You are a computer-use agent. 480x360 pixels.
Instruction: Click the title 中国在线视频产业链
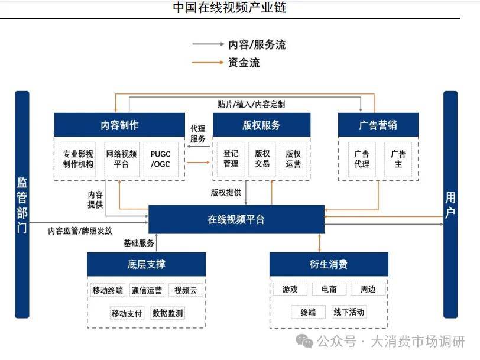coord(229,8)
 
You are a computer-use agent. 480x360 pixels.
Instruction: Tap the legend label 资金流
coord(244,62)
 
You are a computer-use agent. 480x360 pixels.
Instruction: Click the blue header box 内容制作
coord(120,125)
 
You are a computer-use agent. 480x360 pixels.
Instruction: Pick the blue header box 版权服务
coord(261,125)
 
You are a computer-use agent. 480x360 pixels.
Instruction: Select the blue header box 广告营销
coord(378,125)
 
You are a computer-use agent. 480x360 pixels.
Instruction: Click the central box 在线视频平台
coord(236,219)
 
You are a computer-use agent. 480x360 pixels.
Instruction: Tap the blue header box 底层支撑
coord(146,264)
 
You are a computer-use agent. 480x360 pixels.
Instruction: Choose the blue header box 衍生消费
coord(329,264)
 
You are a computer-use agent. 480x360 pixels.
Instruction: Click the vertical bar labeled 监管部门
coord(22,204)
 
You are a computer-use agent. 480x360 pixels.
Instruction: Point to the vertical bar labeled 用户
coord(450,204)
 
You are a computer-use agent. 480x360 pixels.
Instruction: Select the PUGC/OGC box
coord(160,159)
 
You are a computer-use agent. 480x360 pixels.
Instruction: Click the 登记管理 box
coord(231,159)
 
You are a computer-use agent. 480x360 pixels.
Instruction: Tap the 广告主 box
coord(398,159)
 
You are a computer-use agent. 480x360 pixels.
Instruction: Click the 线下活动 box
coord(349,312)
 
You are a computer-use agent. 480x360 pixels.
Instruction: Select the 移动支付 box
coord(127,313)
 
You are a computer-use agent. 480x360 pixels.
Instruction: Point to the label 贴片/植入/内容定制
coord(251,105)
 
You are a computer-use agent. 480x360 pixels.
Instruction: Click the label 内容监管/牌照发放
coord(80,231)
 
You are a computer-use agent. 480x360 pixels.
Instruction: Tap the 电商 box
coord(329,290)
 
